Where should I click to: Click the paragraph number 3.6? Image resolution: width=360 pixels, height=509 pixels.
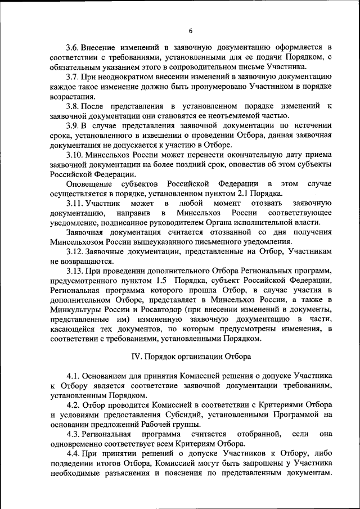pyautogui.click(x=74, y=46)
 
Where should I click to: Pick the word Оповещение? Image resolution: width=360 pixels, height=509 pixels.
pyautogui.click(x=89, y=183)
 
